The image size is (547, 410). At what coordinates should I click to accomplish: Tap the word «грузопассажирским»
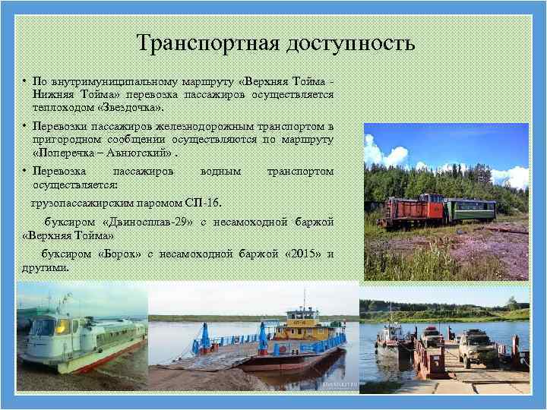click(x=84, y=203)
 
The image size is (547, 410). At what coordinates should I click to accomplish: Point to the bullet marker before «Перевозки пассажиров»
click(x=24, y=127)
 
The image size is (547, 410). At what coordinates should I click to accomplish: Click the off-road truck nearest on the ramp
click(x=476, y=348)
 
